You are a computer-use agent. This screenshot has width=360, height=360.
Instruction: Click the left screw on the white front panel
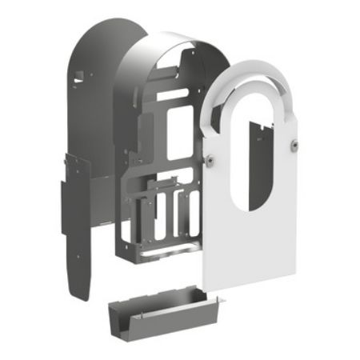pos(209,158)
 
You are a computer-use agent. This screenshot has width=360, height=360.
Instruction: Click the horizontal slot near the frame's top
pos(171,94)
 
